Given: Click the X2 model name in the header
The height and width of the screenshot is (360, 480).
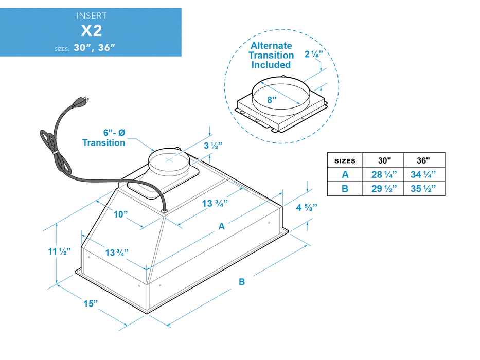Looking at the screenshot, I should [x=91, y=30].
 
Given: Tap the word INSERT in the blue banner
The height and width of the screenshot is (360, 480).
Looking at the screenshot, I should [x=91, y=16].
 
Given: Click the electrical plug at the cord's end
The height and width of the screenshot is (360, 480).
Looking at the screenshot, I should [x=83, y=100].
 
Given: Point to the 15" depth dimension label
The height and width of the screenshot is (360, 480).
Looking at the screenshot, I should [x=91, y=303].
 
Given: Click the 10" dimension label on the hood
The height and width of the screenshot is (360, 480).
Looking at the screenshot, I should [x=121, y=214].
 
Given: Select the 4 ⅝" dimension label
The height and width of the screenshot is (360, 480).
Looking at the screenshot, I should [x=307, y=208].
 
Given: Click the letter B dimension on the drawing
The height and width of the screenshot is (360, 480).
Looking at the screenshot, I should [x=241, y=282].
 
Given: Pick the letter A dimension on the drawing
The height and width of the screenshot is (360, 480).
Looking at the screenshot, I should [x=222, y=226].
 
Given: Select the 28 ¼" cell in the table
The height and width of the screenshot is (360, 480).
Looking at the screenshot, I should [x=383, y=174].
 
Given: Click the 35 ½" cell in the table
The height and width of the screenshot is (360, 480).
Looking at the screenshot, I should [x=424, y=189].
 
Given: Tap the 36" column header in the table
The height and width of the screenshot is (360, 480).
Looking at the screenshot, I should [x=424, y=160].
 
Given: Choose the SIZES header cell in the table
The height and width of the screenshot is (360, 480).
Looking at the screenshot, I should [x=345, y=160].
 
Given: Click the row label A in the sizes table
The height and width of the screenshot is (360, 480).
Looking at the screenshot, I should [x=345, y=174].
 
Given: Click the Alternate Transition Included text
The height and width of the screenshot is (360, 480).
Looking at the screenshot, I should [x=271, y=55].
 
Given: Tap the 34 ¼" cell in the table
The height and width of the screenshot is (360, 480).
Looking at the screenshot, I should [x=424, y=174].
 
